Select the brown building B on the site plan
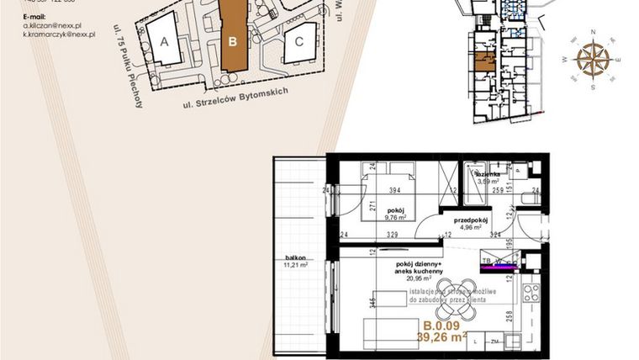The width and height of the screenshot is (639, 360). coord(235,39)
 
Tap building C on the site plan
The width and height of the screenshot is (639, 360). coord(298,44)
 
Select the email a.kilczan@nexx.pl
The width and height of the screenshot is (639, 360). coord(59,26)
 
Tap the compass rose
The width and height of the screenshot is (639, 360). coord(594,59)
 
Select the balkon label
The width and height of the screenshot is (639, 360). coord(294,258)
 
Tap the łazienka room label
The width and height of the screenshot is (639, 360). coord(489,174)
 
